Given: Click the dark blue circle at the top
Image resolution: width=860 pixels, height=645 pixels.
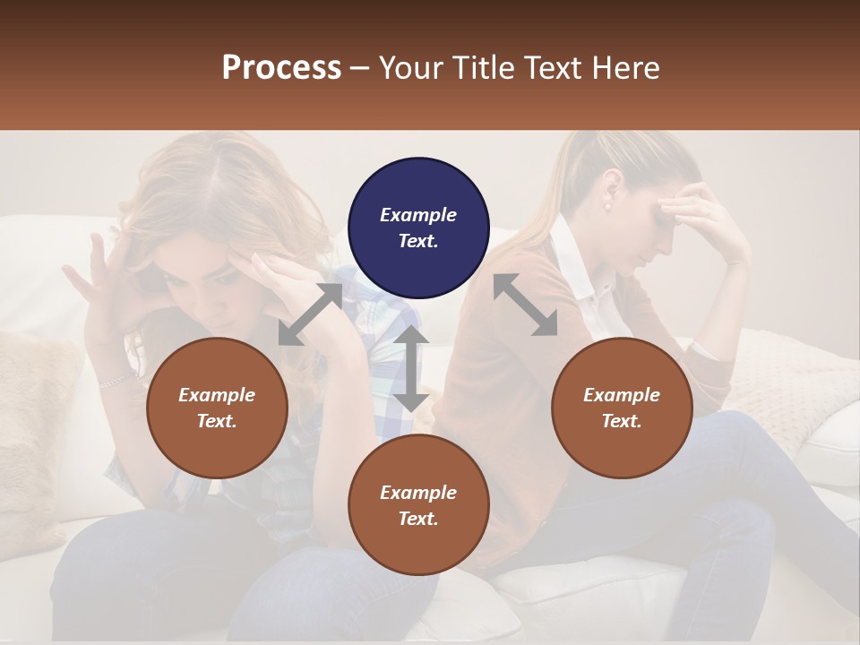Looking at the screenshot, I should (418, 228).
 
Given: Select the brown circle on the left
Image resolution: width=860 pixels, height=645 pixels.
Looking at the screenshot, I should (217, 408).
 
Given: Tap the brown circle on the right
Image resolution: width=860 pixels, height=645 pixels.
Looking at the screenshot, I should (622, 408).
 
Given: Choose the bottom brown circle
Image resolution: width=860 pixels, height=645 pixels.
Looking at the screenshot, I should (418, 505).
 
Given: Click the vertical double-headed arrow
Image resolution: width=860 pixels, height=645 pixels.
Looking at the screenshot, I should (411, 368).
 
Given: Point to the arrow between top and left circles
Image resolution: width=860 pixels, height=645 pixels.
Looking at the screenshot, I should (310, 314).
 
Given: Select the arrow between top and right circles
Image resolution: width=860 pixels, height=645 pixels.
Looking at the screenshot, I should (525, 305).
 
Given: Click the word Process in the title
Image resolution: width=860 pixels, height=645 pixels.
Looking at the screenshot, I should (281, 67).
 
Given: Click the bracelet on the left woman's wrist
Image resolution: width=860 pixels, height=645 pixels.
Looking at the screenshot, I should (116, 380).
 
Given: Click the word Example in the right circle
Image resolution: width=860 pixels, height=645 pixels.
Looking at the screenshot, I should (621, 395).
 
